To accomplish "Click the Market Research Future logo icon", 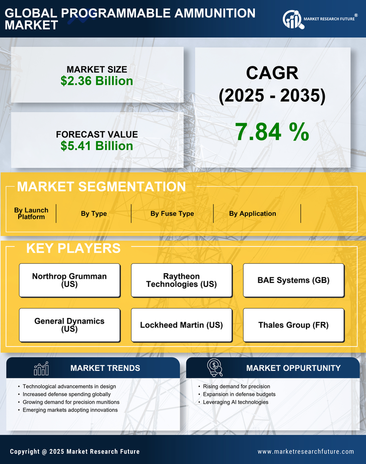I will (x=292, y=20).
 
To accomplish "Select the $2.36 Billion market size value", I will (x=97, y=81).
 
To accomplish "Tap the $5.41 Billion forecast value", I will (x=97, y=146).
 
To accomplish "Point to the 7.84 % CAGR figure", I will (x=272, y=132).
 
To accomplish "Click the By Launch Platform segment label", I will (x=31, y=213).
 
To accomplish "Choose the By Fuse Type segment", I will (x=172, y=213).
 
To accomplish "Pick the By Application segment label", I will (x=252, y=213).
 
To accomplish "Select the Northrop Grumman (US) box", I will (x=69, y=280).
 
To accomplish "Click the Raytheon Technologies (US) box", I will (x=181, y=280).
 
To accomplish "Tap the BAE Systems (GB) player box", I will (x=294, y=280).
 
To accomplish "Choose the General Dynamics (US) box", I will (x=69, y=325).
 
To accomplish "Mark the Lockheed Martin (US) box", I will (x=181, y=325).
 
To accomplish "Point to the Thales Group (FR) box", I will (x=294, y=325).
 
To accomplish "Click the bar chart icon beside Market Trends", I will (x=41, y=368).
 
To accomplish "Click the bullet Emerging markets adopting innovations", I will (x=70, y=410).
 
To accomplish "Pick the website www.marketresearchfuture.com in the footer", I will (x=306, y=451).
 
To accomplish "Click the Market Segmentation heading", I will (x=101, y=187).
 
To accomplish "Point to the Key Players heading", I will (x=73, y=248).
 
